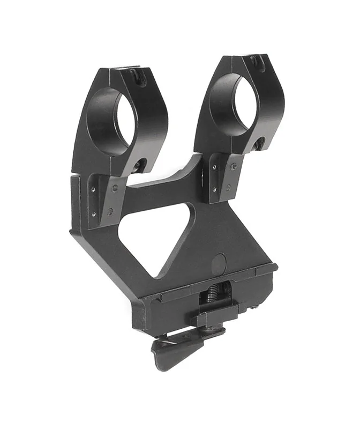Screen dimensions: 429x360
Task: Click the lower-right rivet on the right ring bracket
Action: (228, 188)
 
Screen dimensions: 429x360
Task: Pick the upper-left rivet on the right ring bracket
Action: (214, 168)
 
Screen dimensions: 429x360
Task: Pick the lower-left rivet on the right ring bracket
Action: (214, 189)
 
